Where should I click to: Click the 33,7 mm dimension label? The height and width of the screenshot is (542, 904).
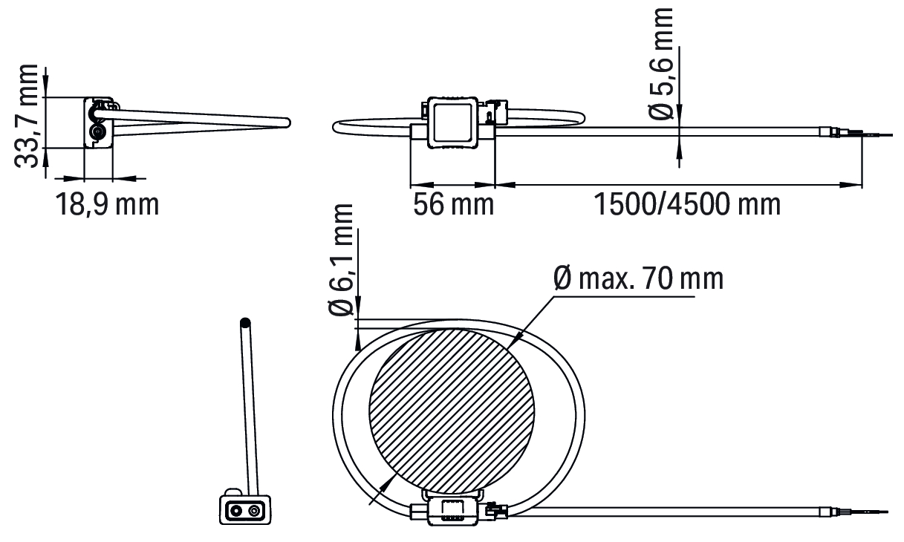point(27,116)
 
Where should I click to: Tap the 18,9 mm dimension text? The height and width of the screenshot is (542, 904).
point(107,204)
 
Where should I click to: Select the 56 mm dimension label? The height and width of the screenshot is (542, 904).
point(453,204)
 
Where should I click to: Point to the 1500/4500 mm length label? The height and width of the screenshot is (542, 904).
point(687,204)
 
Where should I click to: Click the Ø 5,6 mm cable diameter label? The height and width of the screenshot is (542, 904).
point(660,63)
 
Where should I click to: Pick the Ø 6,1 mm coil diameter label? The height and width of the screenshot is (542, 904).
point(341,260)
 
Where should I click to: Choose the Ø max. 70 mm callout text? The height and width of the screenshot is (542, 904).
point(639,278)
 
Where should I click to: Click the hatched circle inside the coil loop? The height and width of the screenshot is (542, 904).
point(452,411)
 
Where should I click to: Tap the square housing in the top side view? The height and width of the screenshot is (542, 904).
point(452,123)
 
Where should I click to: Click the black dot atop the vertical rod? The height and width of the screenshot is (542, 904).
point(245,323)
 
